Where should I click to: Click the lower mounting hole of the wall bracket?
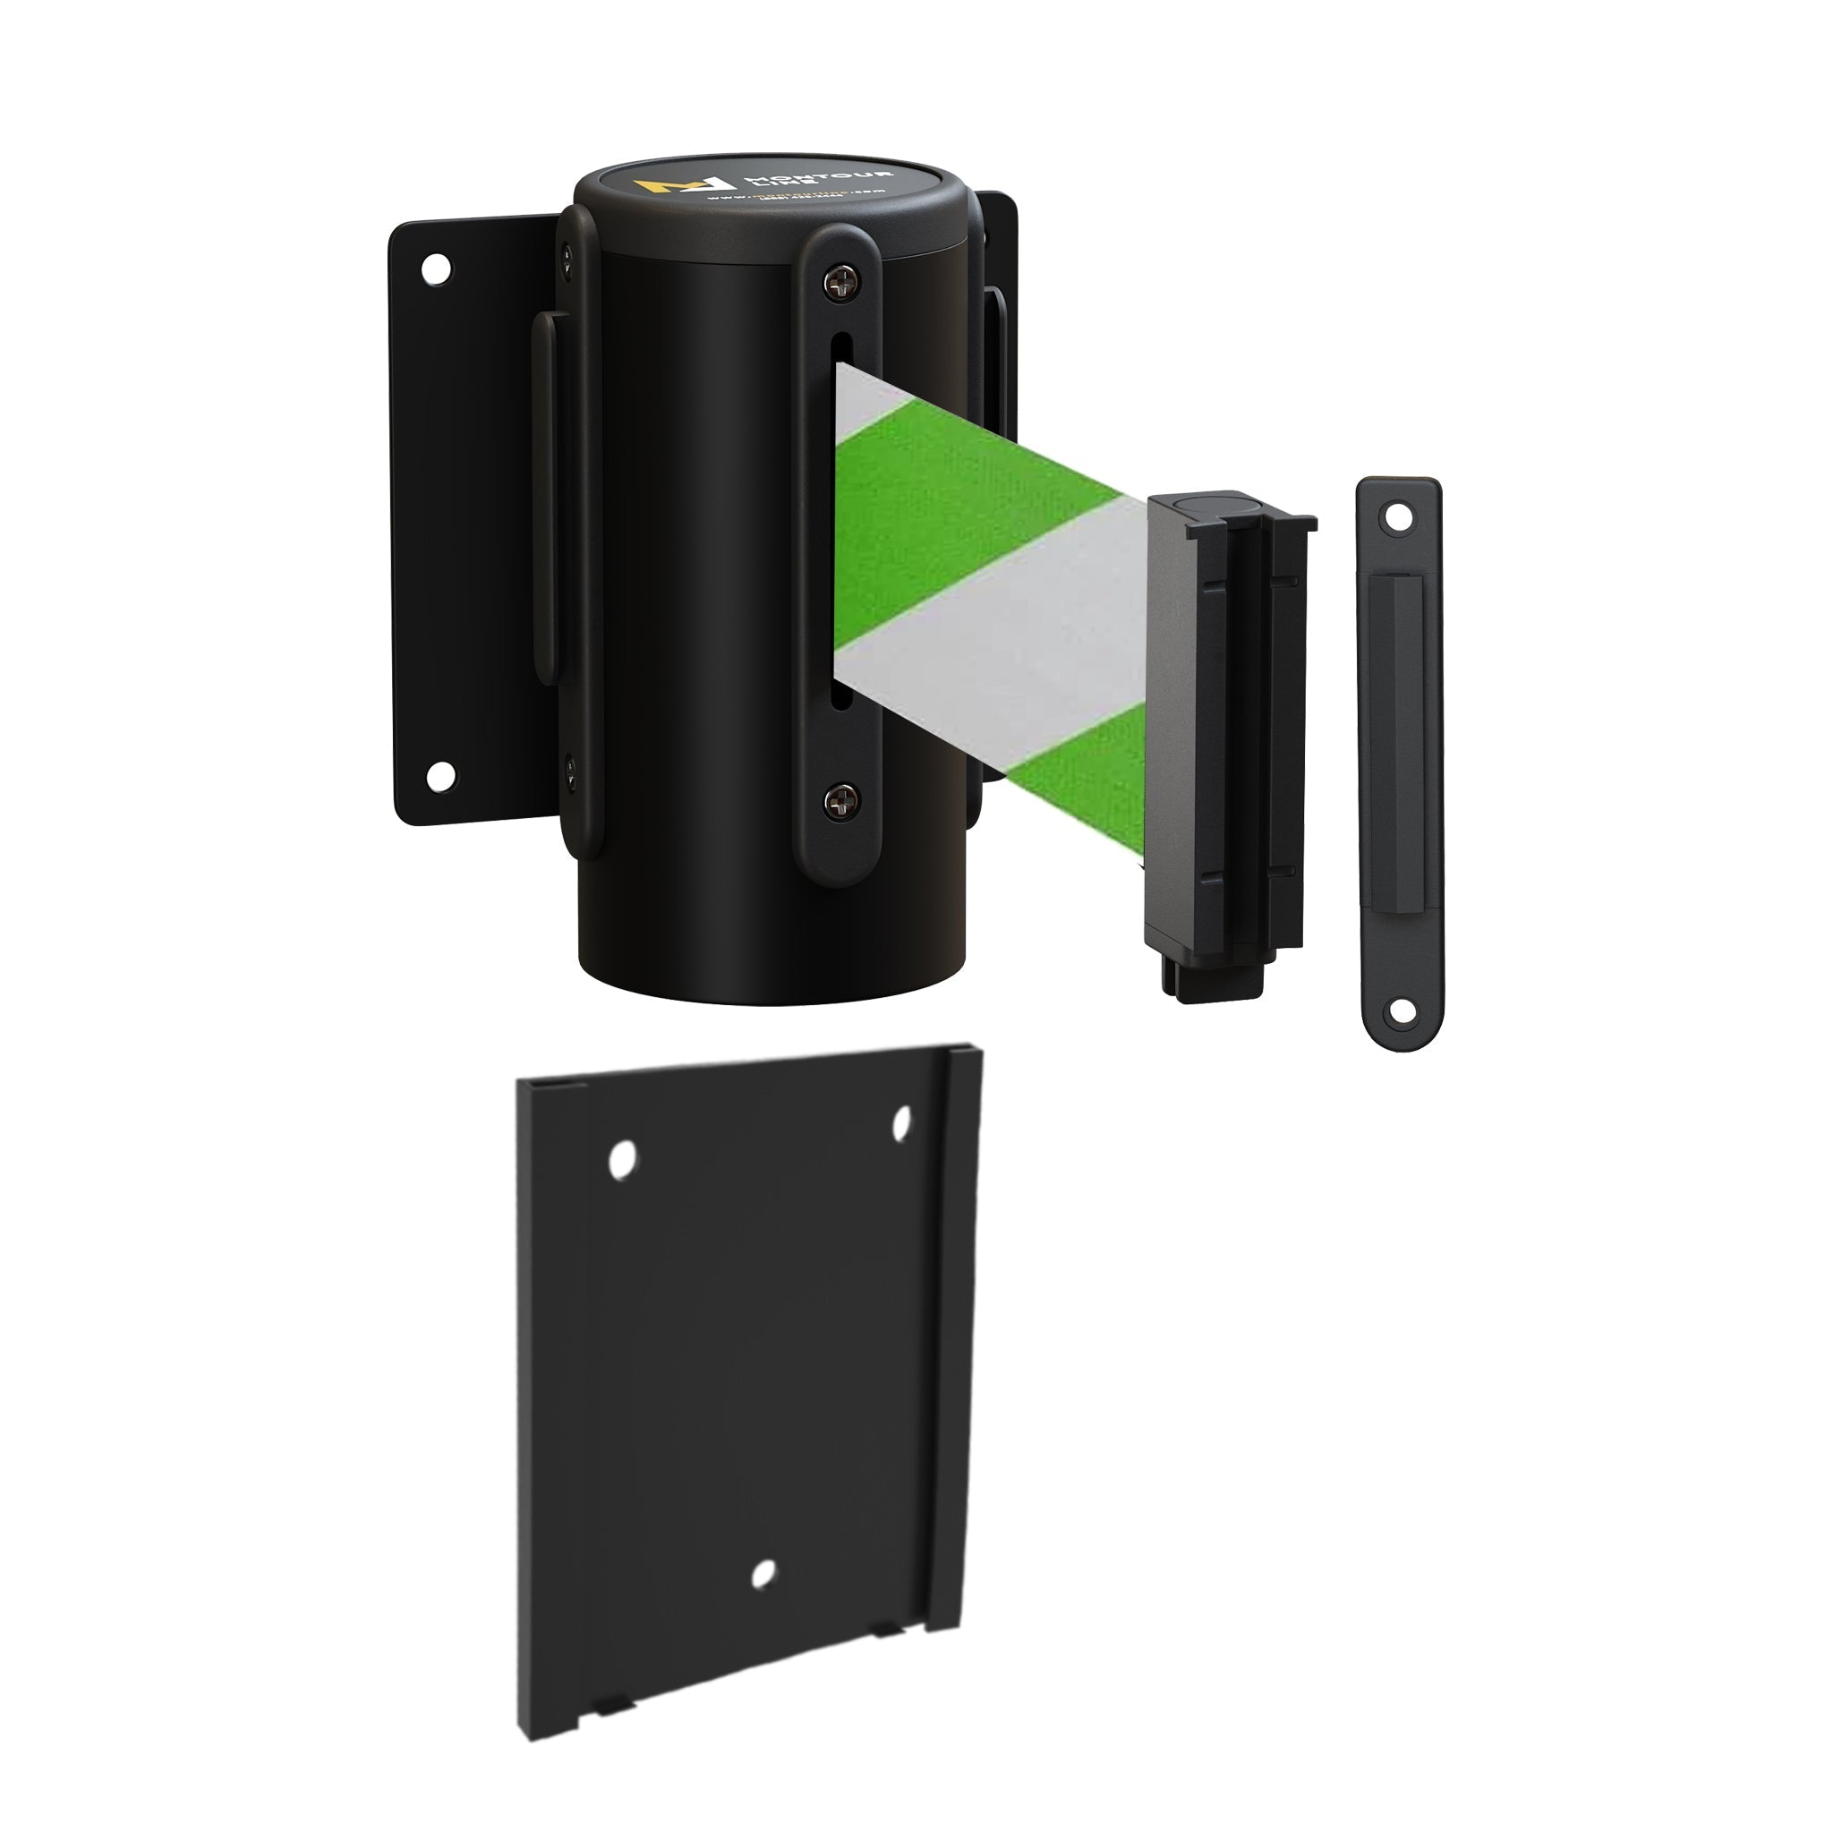tap(440, 777)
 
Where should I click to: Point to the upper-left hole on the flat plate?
tap(621, 1160)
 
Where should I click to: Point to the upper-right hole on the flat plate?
tap(901, 1123)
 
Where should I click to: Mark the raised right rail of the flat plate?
tap(952, 1328)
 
